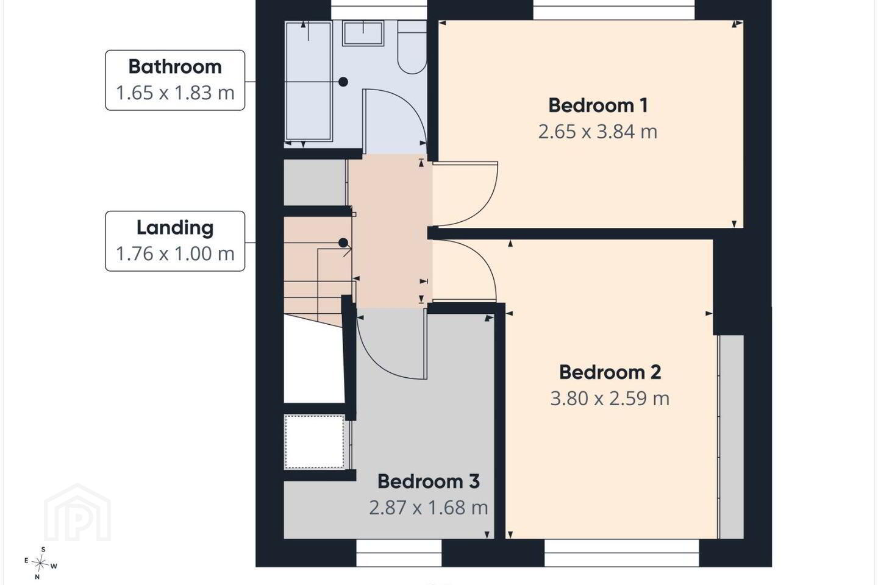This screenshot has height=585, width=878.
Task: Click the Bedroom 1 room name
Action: click(598, 106)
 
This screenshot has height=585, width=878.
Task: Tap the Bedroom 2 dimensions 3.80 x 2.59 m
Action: click(610, 399)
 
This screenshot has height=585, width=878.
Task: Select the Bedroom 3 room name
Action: click(429, 481)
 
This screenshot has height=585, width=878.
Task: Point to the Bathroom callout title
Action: click(175, 66)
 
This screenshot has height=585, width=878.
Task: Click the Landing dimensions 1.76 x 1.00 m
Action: click(175, 254)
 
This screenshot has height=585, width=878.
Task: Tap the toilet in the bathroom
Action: click(412, 47)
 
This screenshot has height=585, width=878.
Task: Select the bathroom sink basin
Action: click(363, 34)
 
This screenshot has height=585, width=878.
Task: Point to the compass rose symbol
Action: click(40, 564)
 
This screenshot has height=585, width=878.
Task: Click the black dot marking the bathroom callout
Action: click(343, 82)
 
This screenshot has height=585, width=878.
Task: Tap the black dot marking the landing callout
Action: click(343, 243)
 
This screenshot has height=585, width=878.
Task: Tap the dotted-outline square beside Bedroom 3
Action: click(315, 442)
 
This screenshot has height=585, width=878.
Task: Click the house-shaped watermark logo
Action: click(77, 512)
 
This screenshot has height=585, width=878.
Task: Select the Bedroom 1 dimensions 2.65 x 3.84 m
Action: click(598, 132)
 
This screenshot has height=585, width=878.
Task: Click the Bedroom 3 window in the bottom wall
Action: click(399, 553)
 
